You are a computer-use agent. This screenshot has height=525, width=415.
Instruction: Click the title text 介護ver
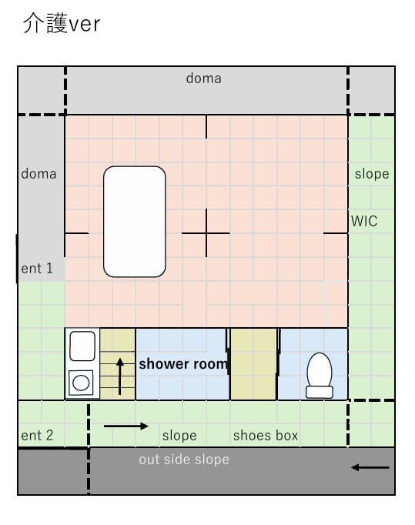tap(62, 23)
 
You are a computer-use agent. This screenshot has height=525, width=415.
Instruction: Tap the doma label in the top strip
tap(203, 79)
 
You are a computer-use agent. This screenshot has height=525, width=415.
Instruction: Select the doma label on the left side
tap(38, 174)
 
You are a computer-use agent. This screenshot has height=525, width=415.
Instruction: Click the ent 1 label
tap(37, 268)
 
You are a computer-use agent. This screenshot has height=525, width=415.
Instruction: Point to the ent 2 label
tap(37, 435)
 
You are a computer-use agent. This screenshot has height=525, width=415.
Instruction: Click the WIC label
tap(364, 221)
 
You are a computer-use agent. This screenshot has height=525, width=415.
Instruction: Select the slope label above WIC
tap(372, 174)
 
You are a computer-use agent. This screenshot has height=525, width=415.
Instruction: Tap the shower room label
tap(183, 364)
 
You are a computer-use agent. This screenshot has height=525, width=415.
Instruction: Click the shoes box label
tap(266, 435)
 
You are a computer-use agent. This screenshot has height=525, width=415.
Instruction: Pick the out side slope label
tap(184, 460)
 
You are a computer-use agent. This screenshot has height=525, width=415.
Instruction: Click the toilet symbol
tap(320, 376)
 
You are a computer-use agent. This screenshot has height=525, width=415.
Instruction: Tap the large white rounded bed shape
tap(134, 222)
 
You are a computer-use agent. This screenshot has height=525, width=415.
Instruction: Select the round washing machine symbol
tap(81, 383)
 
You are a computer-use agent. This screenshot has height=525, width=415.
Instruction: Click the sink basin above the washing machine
tap(82, 346)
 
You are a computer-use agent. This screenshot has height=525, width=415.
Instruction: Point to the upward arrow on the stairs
tap(120, 376)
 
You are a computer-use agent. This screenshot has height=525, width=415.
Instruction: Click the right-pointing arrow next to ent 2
tap(126, 426)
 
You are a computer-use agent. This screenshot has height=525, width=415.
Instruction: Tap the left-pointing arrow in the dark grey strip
tap(370, 467)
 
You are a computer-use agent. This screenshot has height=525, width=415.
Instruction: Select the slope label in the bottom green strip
tap(179, 436)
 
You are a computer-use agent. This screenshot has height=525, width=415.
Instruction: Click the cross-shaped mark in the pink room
tap(206, 233)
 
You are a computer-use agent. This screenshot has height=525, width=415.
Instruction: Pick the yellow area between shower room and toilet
tap(253, 364)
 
